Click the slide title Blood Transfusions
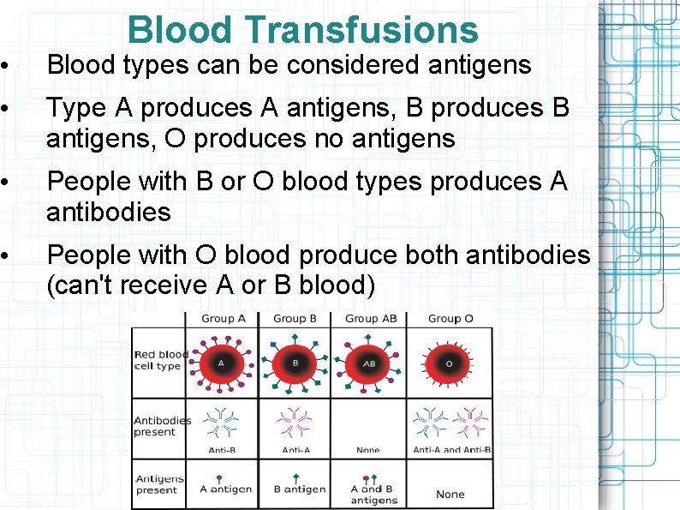302,29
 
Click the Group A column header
224,318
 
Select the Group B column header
295,318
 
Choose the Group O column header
450,318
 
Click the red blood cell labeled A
222,362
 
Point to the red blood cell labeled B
295,362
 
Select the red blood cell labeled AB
370,363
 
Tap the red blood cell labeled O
450,363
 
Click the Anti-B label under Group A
223,450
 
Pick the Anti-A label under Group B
296,450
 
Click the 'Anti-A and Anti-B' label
451,450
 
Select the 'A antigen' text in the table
226,489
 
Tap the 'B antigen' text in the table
299,489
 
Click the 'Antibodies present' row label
162,426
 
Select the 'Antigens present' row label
159,484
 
